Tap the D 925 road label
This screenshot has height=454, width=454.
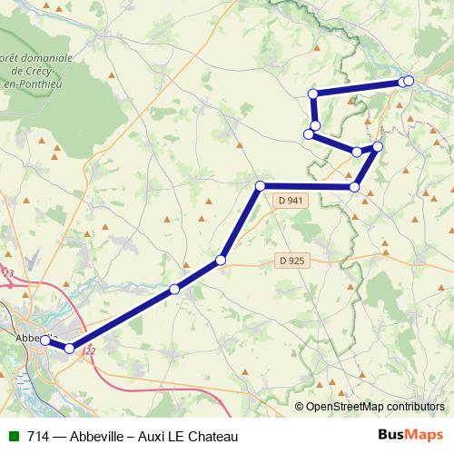click(291, 261)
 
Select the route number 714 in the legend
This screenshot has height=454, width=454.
click(38, 437)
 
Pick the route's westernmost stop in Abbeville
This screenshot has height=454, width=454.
click(45, 340)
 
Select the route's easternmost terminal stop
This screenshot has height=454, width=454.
click(409, 81)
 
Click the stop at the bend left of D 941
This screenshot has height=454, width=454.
click(260, 186)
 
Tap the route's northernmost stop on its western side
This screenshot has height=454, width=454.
click(313, 94)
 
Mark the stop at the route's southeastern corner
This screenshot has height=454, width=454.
click(354, 187)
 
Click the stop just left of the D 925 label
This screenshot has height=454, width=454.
click(221, 262)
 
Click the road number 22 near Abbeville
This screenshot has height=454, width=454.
click(89, 353)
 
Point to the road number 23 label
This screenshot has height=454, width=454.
click(9, 272)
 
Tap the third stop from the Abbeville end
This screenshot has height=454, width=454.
click(174, 290)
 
